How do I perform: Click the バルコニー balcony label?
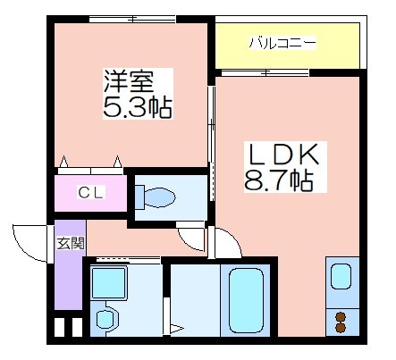[x=282, y=43]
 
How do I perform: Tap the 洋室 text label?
[x=129, y=80]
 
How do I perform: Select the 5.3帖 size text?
[x=138, y=107]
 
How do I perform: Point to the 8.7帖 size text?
[x=279, y=180]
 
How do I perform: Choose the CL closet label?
[x=91, y=192]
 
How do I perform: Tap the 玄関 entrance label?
[x=71, y=243]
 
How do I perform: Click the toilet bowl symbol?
[x=155, y=197]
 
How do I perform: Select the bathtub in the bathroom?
[x=246, y=300]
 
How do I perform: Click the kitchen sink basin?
[x=341, y=276]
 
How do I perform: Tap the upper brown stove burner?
[x=340, y=316]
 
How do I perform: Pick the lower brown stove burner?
[x=340, y=328]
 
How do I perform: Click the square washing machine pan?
[x=108, y=282]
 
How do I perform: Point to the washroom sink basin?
[x=105, y=320]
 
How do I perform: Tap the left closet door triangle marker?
[x=63, y=161]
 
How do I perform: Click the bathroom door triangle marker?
[x=176, y=329]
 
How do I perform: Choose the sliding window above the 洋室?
[x=132, y=19]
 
